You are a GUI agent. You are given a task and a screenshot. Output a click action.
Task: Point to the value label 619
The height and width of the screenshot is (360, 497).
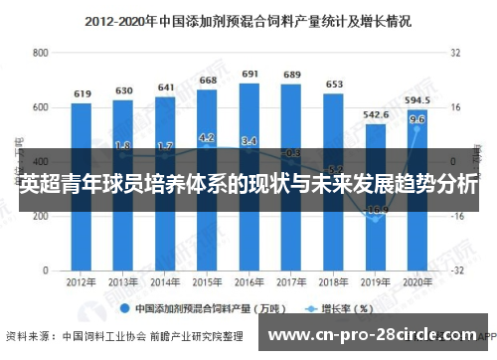[x=82, y=93]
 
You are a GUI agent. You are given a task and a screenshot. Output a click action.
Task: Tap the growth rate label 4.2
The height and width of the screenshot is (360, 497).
[x=208, y=137]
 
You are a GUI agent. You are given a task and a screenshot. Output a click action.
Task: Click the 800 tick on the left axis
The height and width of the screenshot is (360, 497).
[x=41, y=52]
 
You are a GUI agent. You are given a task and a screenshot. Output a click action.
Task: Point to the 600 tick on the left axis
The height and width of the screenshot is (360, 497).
[x=41, y=106]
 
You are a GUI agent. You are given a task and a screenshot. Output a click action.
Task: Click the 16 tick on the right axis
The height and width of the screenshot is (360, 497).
[x=458, y=106]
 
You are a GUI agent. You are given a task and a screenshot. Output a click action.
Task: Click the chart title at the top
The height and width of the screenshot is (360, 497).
[x=248, y=19]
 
